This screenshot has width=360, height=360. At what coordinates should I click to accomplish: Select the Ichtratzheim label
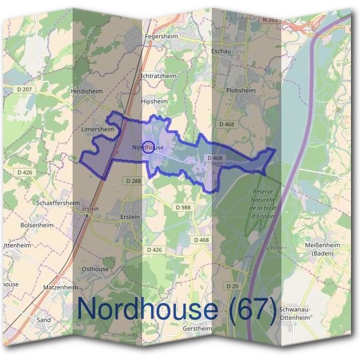[x=158, y=77]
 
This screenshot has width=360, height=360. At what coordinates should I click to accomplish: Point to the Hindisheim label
[x=87, y=91]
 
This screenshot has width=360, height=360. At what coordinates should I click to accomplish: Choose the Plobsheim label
[x=241, y=90]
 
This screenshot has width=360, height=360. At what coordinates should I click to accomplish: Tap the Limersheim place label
[x=97, y=129]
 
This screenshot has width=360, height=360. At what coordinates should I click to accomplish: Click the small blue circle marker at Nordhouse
[x=149, y=147]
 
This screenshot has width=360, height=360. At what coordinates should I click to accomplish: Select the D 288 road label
[x=134, y=180]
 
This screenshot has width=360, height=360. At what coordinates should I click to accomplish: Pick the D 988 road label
[x=184, y=207]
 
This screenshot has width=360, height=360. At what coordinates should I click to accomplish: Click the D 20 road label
[x=233, y=286]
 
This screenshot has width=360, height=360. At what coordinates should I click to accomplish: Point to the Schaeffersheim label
[x=58, y=203]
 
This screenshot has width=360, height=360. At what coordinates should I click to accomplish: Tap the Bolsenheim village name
[x=37, y=224]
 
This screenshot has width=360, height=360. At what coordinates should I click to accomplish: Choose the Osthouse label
[x=95, y=269]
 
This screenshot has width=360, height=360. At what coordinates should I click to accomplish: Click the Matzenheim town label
[x=61, y=288]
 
